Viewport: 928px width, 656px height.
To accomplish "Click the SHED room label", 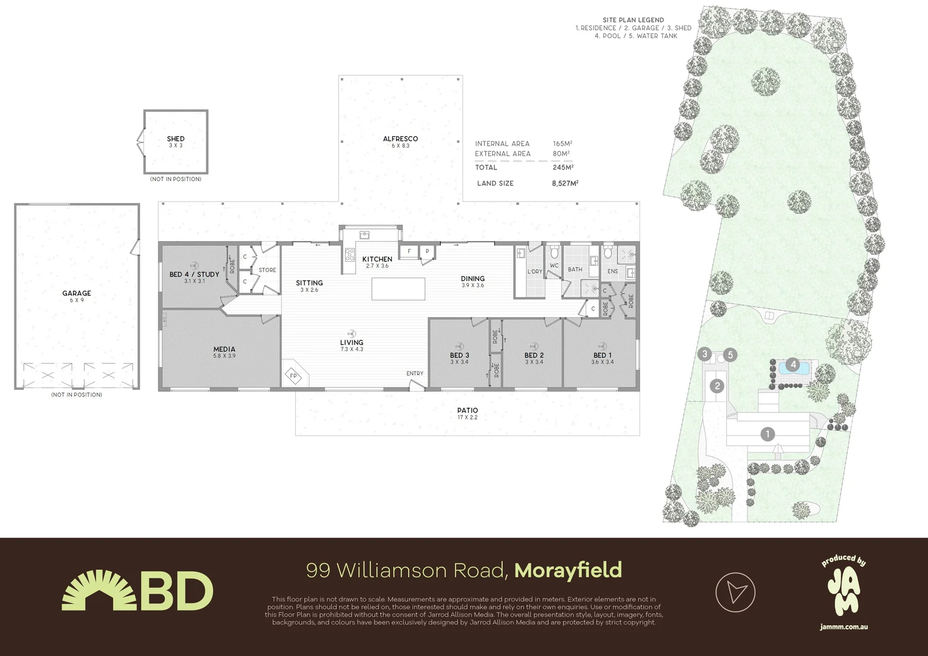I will (176, 139).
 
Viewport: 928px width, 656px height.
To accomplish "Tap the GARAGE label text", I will (77, 293).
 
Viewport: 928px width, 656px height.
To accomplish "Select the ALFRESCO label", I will (400, 139).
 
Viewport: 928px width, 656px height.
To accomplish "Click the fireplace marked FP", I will (293, 376).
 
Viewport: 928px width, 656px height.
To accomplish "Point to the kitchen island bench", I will (398, 289).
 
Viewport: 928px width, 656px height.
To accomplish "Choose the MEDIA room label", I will (224, 349).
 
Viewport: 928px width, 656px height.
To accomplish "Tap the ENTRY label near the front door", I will (415, 374).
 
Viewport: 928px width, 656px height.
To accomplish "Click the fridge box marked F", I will (409, 251).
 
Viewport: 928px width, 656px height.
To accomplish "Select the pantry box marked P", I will (427, 251).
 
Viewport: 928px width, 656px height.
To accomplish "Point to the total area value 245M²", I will (563, 167).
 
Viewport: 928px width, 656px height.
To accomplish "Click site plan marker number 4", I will (792, 365).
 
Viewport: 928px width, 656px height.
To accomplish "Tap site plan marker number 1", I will (768, 434).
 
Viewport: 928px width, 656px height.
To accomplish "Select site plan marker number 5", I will (731, 354).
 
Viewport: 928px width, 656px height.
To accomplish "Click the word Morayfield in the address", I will (568, 570).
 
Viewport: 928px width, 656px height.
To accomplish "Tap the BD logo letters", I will (177, 591).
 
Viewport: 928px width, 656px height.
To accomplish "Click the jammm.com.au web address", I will (844, 626).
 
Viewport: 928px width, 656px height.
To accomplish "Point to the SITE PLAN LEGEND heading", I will (633, 20).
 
